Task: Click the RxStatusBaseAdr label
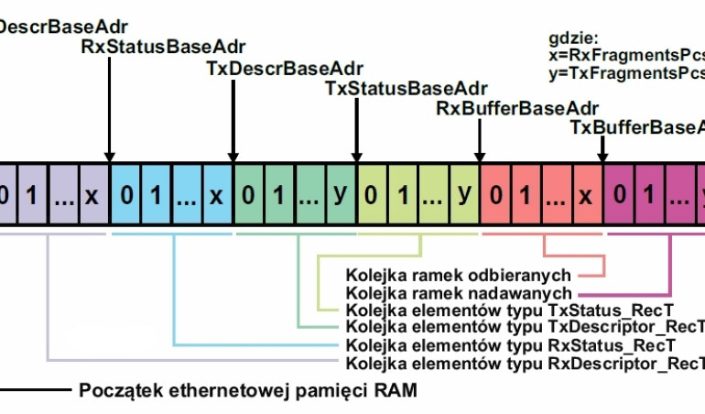coord(163,47)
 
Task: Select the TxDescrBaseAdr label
coord(284,69)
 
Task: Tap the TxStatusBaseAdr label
coord(407,89)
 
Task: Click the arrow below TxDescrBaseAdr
coord(233,119)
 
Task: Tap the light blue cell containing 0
coord(125,195)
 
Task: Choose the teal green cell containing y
coord(341,195)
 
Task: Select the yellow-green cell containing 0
coord(373,195)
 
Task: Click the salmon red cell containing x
coord(587,195)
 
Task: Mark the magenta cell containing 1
coord(649,195)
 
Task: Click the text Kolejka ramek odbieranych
coord(459,275)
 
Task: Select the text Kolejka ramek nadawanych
coord(459,292)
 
